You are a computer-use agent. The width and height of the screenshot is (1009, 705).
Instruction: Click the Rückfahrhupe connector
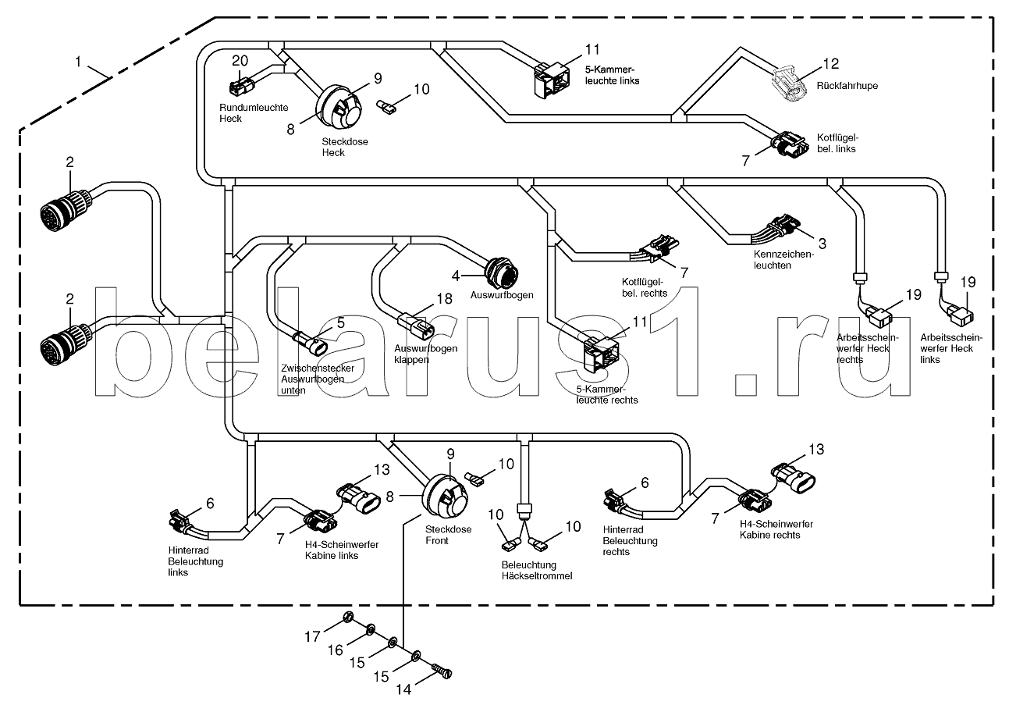click(791, 84)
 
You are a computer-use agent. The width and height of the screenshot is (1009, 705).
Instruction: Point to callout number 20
click(240, 60)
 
